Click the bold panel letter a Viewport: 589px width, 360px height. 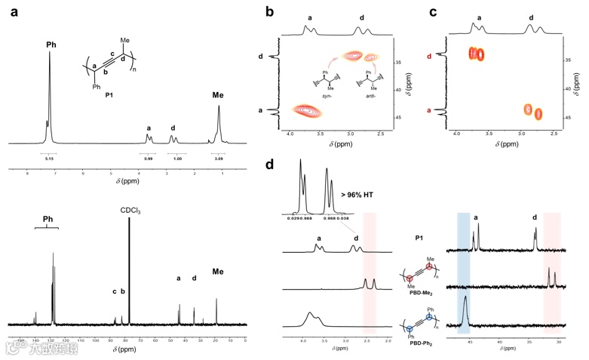click(x=13, y=11)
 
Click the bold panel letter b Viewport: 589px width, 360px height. click(x=269, y=11)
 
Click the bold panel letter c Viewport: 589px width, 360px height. click(x=432, y=11)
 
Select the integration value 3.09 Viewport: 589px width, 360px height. click(x=220, y=158)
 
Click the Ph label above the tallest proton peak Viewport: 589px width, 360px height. click(x=51, y=45)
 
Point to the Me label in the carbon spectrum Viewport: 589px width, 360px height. click(x=218, y=272)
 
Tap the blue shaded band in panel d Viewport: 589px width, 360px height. click(x=463, y=272)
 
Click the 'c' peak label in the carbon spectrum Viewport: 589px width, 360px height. click(x=115, y=291)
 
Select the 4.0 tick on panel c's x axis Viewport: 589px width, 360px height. click(x=457, y=133)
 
